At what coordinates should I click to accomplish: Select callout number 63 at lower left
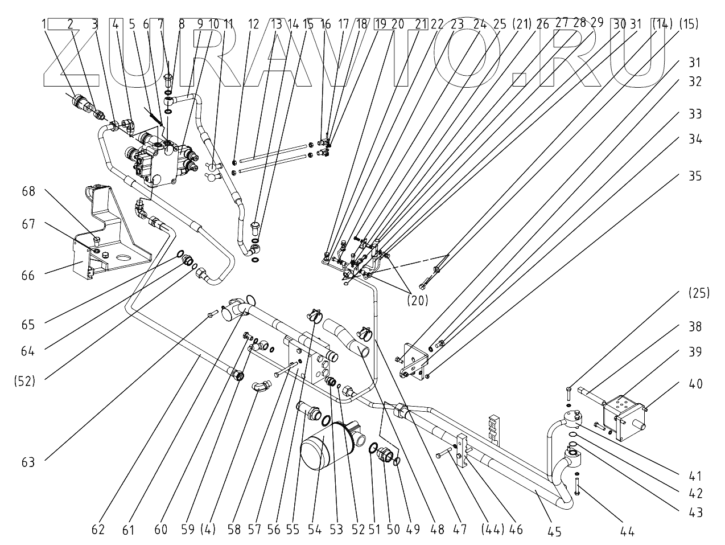(x=28, y=462)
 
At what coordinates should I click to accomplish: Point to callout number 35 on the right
(x=695, y=176)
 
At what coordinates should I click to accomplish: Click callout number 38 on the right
(x=695, y=326)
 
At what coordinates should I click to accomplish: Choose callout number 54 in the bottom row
(x=315, y=530)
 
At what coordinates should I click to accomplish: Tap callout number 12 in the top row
(x=254, y=24)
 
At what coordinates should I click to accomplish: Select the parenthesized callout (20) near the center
(x=418, y=300)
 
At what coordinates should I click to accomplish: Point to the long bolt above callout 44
(x=576, y=486)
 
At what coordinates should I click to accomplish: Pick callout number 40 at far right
(x=695, y=384)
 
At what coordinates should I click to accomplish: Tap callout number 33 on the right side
(x=695, y=114)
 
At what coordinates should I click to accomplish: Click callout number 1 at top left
(x=43, y=24)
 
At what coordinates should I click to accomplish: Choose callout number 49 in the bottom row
(x=413, y=530)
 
